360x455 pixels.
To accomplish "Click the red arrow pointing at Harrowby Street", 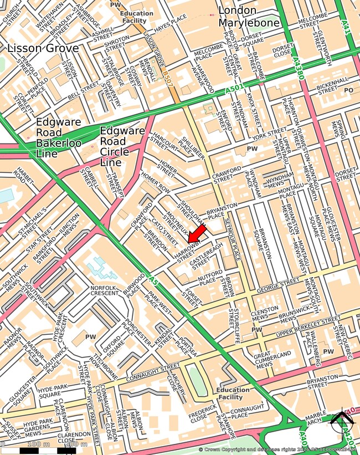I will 197,232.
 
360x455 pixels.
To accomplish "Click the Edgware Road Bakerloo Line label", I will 58,137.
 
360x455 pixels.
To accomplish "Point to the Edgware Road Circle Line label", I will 122,146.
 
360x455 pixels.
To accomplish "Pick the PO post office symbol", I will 348,90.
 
